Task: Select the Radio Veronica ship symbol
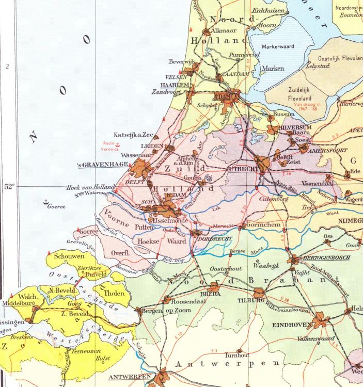point(119,141)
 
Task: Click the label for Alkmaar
point(228,29)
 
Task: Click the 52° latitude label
point(9,187)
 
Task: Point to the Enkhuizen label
point(268,11)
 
